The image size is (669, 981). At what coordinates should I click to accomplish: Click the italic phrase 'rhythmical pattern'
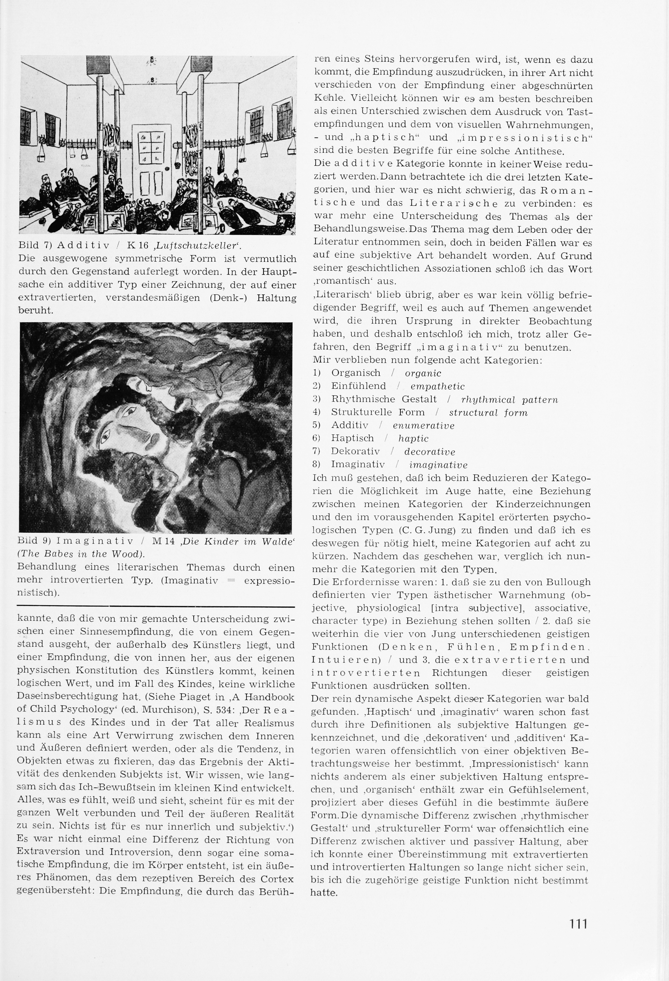click(x=510, y=400)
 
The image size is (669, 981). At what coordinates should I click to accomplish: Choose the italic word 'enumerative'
click(x=424, y=426)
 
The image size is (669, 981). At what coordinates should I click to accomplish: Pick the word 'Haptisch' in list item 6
click(x=352, y=439)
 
